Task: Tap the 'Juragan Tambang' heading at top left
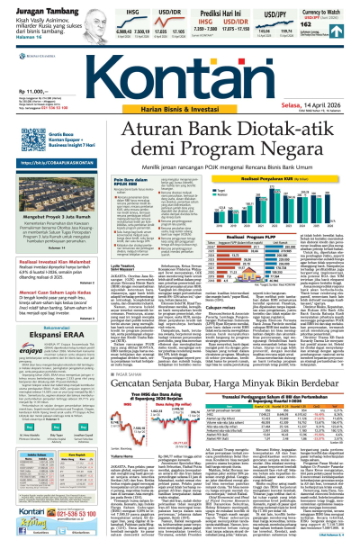(x=32, y=7)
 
